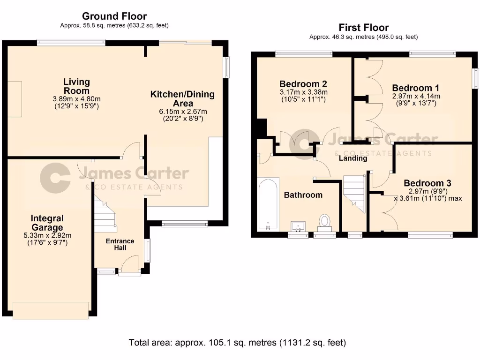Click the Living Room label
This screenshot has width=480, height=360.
coord(76,86)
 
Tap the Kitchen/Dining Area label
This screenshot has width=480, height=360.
coord(182,98)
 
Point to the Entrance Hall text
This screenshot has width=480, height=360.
coord(120,244)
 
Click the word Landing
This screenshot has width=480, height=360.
coord(353,158)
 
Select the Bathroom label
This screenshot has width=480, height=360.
coord(303,195)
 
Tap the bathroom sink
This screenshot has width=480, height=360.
coord(298,227)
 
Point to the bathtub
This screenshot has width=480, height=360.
coord(268,205)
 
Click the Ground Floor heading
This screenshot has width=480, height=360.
coord(114,17)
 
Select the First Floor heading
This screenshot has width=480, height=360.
coord(363,28)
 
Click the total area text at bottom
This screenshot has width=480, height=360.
coord(237,343)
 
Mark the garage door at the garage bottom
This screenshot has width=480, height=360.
coord(51,310)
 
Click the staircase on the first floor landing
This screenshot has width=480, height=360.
coord(355,192)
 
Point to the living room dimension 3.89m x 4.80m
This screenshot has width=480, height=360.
coord(76,99)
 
